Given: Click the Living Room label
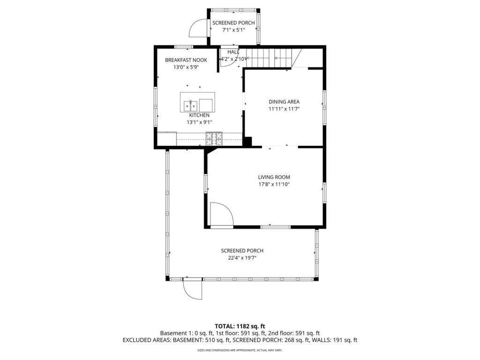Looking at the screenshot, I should click(274, 177).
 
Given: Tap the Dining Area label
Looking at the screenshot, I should click(284, 102).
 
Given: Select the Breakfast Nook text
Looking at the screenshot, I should click(186, 60).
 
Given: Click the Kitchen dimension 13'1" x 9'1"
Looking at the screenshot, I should click(199, 122).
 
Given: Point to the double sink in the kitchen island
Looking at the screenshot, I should click(190, 104).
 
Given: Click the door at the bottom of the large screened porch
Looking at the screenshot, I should click(192, 289).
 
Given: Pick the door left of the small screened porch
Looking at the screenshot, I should click(198, 28).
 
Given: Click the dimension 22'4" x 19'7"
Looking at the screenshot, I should click(242, 258).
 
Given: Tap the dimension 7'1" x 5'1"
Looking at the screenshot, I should click(233, 30).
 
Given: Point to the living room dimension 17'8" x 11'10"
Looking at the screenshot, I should click(274, 185).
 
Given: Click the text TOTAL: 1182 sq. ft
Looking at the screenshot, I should click(240, 326).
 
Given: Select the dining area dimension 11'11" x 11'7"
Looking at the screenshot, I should click(284, 109).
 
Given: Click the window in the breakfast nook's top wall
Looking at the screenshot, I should click(184, 46).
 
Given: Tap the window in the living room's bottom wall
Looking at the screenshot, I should click(275, 227).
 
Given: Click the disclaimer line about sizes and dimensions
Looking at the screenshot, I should click(240, 350).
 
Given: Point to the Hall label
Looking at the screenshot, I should click(233, 52).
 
